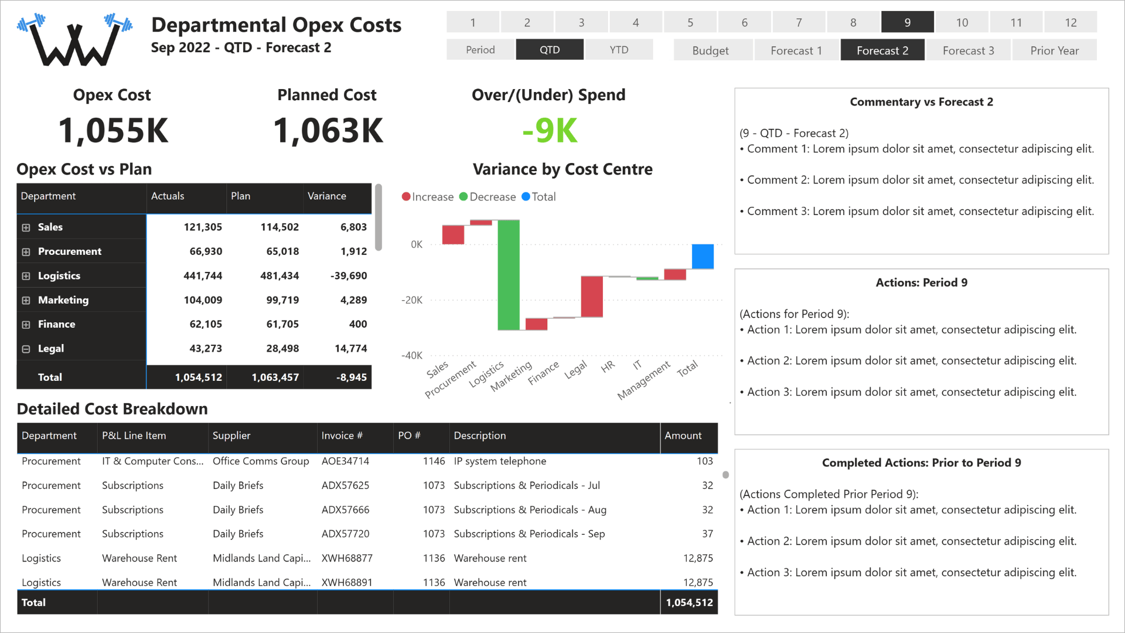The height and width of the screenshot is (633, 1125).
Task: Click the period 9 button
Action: (x=907, y=22)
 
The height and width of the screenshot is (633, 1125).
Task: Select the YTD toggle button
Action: (x=619, y=50)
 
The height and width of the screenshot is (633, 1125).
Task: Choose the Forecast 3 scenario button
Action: (x=968, y=50)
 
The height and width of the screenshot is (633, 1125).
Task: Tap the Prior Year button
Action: (x=1054, y=50)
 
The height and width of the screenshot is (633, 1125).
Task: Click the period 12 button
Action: (x=1071, y=22)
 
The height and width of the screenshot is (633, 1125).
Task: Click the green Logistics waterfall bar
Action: (x=509, y=275)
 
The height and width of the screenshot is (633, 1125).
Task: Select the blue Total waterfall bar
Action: (x=703, y=256)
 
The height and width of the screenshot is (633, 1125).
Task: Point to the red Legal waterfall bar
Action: (x=592, y=297)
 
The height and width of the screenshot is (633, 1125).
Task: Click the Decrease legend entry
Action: (x=487, y=197)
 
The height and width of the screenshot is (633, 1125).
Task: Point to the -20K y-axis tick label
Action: (x=411, y=300)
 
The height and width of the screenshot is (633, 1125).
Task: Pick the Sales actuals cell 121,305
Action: (x=203, y=227)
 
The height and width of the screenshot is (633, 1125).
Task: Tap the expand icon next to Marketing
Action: (x=26, y=300)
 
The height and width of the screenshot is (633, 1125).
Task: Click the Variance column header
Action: (x=327, y=196)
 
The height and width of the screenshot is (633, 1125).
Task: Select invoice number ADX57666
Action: (x=345, y=509)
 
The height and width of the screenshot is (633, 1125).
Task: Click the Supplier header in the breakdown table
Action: (x=231, y=435)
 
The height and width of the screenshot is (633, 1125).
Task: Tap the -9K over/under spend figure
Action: (x=550, y=130)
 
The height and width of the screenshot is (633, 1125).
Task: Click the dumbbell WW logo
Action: (x=75, y=40)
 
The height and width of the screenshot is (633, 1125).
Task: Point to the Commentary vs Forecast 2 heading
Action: (x=921, y=102)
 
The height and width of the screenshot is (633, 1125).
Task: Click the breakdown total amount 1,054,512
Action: (x=689, y=602)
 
